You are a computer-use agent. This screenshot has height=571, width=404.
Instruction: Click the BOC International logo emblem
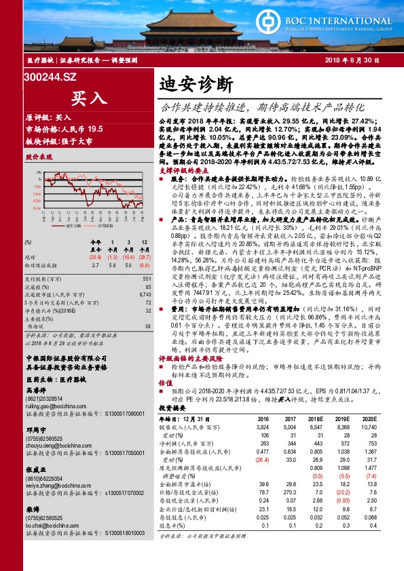tap(295, 26)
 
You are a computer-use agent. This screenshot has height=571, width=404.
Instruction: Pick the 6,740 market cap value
tap(143, 294)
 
